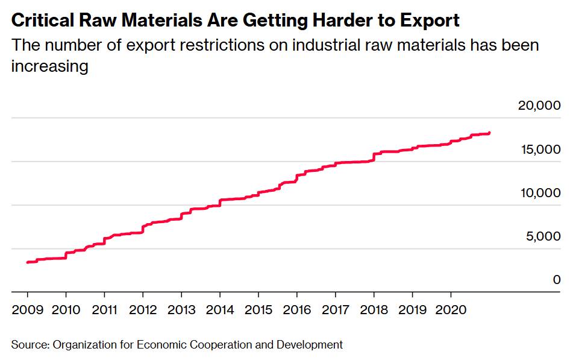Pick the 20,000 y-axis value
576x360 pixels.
[x=539, y=106]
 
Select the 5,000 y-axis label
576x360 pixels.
[x=543, y=236]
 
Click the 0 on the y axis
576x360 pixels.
[x=557, y=280]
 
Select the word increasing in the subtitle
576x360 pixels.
[x=49, y=66]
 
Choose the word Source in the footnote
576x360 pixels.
[x=29, y=345]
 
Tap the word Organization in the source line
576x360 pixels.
[x=84, y=345]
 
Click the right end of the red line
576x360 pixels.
[x=489, y=133]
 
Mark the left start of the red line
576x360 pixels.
[x=28, y=262]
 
